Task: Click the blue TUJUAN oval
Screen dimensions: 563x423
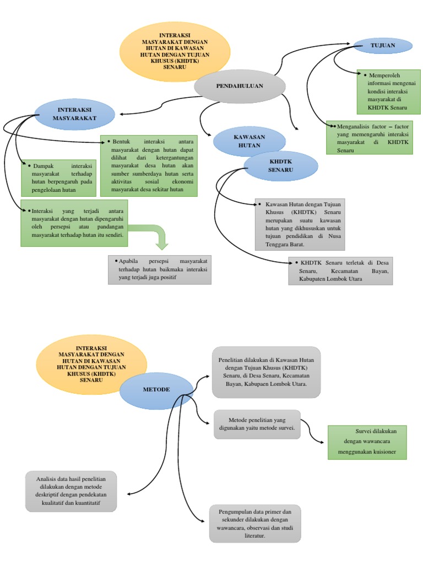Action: coord(383,46)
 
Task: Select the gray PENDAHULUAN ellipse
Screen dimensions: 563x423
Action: coord(240,86)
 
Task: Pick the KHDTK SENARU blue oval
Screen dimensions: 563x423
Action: coord(281,166)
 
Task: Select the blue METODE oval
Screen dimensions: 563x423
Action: coord(156,389)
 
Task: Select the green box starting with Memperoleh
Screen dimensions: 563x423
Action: coord(388,91)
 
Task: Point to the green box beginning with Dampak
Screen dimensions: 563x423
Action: coord(57,178)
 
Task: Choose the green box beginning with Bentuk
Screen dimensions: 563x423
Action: coord(149,165)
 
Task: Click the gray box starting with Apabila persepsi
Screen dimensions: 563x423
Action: coord(160,269)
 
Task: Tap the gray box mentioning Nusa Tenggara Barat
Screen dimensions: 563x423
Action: coord(300,224)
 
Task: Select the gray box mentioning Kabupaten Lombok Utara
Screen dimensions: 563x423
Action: coord(340,271)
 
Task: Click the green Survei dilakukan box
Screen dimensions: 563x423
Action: coord(367,442)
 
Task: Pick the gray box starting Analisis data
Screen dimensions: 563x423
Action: coord(71,491)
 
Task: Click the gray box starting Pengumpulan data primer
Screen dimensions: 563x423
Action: coord(255,523)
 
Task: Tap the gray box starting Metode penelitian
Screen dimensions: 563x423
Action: coord(257,424)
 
